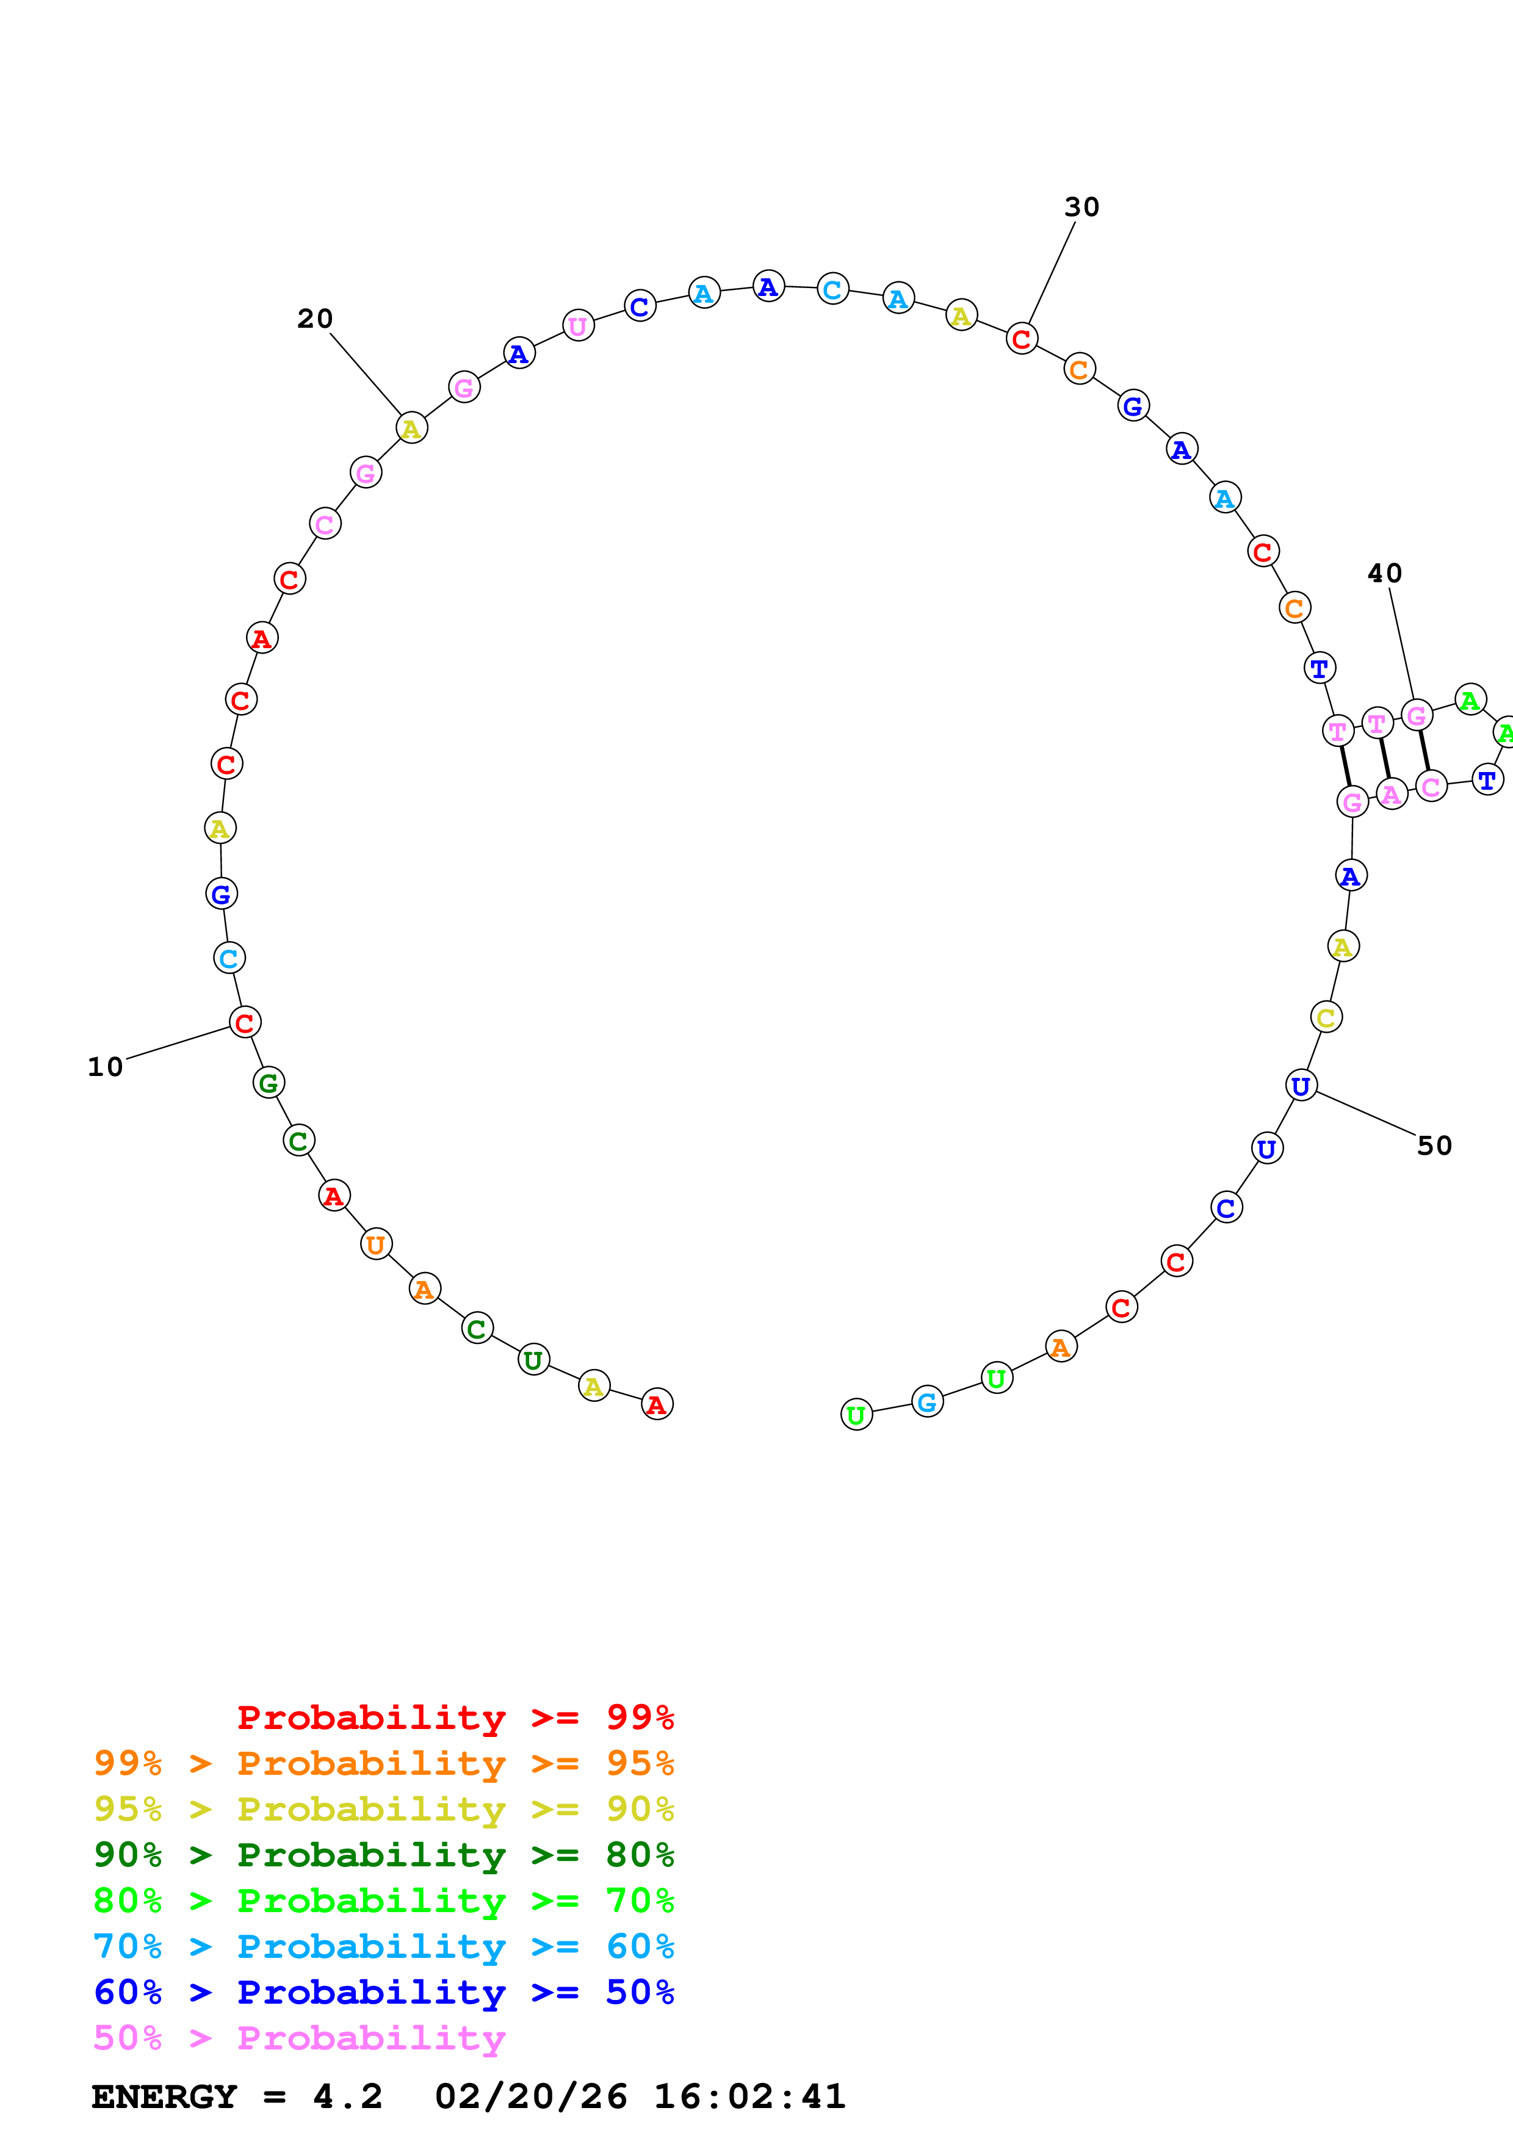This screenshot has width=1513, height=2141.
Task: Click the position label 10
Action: click(106, 1067)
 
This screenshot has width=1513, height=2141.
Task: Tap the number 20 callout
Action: click(315, 319)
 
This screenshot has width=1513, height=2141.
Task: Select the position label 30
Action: click(1081, 207)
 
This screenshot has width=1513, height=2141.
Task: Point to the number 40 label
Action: click(1384, 574)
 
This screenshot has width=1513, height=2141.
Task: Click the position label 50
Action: click(1435, 1146)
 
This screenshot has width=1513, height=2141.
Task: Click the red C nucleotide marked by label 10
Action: click(245, 1023)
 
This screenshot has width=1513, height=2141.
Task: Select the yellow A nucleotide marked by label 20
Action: click(411, 429)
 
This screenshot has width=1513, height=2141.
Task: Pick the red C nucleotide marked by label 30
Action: click(1022, 339)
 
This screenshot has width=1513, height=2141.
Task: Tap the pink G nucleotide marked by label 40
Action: click(1416, 715)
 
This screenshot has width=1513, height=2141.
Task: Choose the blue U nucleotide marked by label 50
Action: click(1301, 1085)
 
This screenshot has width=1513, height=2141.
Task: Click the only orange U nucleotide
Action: click(376, 1244)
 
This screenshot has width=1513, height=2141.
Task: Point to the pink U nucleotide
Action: click(578, 327)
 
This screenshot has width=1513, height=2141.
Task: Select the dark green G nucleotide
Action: click(269, 1083)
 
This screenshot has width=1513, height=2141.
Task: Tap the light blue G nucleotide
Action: click(926, 1401)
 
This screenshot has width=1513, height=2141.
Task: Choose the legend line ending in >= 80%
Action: click(383, 1855)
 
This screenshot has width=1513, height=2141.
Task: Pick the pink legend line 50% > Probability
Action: click(299, 2037)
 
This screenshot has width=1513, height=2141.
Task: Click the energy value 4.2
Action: click(348, 2096)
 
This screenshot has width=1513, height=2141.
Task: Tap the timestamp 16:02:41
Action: click(749, 2096)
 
